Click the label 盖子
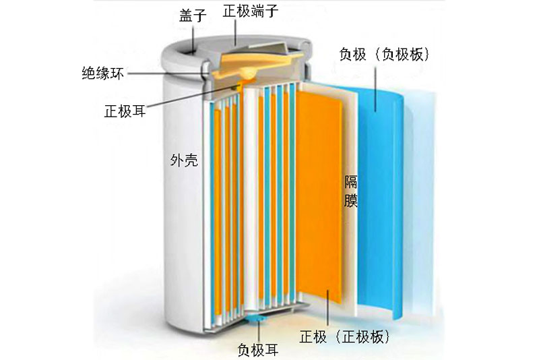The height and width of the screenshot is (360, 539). [193, 15]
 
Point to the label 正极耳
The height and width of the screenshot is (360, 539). [125, 110]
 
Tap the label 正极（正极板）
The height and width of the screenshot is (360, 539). [345, 335]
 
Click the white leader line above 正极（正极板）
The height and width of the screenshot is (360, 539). [327, 307]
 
